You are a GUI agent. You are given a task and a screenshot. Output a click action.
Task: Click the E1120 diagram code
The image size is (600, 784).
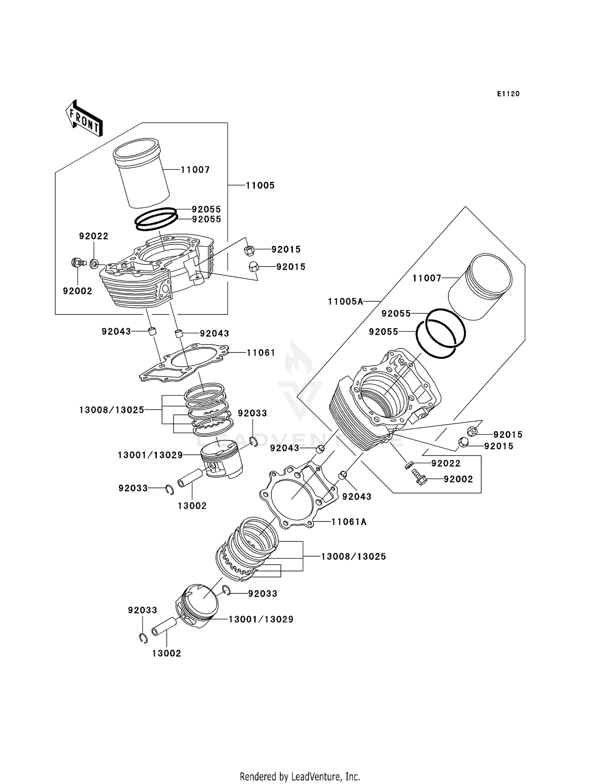(508, 94)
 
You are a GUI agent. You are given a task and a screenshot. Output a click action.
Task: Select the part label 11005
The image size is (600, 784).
(260, 185)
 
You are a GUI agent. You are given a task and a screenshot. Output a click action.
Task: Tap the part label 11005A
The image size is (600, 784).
(345, 302)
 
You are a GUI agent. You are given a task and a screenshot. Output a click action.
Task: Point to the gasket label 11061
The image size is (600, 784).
(261, 353)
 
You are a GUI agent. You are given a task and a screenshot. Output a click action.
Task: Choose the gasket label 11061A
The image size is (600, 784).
(349, 522)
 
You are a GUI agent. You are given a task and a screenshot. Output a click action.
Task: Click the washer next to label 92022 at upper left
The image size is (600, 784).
(95, 264)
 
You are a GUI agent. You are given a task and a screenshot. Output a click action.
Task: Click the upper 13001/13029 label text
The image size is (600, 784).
(150, 455)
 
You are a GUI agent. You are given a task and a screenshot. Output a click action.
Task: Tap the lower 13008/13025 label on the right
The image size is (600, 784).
(354, 557)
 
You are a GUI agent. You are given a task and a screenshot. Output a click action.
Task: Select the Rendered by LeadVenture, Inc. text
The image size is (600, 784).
(300, 776)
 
